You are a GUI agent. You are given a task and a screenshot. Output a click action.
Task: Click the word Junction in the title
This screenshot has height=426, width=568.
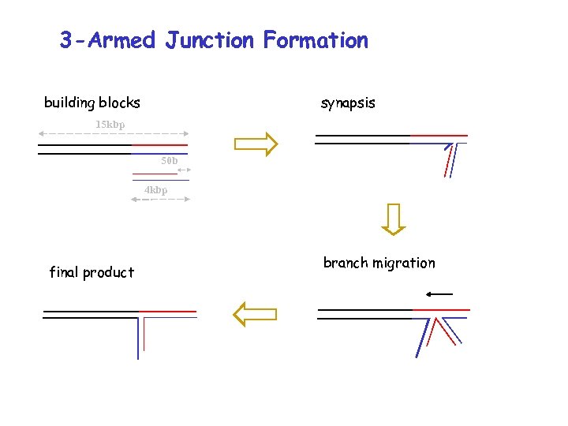pos(210,40)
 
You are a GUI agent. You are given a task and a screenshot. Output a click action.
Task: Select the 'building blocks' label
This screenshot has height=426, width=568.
pos(92,103)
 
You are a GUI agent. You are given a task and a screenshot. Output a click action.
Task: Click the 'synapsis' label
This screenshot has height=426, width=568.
pos(348,103)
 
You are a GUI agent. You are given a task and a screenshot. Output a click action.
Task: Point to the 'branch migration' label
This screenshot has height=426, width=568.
pos(379,263)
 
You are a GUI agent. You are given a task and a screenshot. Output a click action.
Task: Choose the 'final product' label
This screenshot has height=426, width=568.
pos(92,272)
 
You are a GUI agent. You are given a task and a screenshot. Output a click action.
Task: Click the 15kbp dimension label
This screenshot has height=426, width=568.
pos(110,125)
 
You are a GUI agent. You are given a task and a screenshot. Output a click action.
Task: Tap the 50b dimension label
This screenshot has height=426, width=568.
pos(169,161)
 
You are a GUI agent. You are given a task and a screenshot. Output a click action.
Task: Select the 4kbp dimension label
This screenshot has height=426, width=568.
pos(155,190)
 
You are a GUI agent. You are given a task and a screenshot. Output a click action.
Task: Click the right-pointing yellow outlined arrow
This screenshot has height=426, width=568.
pos(256,143)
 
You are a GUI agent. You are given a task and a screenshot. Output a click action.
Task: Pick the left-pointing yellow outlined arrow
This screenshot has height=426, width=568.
pos(256,313)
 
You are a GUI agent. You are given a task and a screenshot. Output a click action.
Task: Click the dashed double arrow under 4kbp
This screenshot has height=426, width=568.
pos(160,200)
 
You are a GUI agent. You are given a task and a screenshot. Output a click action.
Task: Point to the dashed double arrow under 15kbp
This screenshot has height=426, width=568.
pos(114,134)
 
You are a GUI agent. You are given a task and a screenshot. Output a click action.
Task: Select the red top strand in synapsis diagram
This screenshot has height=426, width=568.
pos(438,136)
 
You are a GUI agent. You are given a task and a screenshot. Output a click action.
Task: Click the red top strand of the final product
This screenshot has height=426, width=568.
pos(167,311)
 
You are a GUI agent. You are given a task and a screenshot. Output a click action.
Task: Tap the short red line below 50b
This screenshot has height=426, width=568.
pos(155,173)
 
